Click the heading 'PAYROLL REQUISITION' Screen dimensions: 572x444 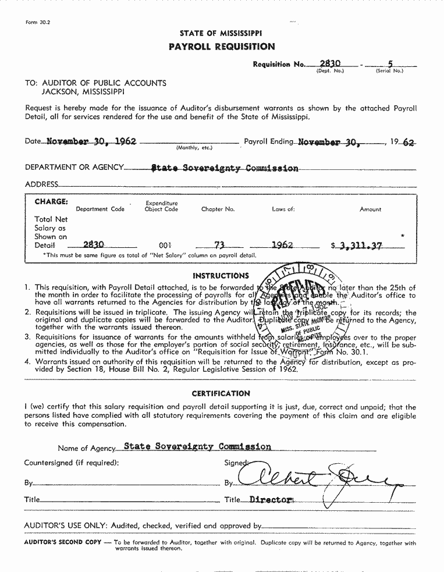[221, 47]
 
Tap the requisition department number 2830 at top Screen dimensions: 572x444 [330, 62]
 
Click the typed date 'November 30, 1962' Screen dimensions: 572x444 [91, 141]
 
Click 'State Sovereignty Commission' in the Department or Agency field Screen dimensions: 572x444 [225, 168]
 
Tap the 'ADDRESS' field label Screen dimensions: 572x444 [41, 184]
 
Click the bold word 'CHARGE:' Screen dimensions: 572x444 [51, 202]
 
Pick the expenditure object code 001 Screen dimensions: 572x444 [165, 246]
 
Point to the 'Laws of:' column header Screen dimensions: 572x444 [283, 209]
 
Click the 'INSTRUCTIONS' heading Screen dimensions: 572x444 [221, 275]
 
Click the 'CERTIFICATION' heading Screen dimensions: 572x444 [221, 393]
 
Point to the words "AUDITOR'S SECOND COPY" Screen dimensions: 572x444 [61, 542]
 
